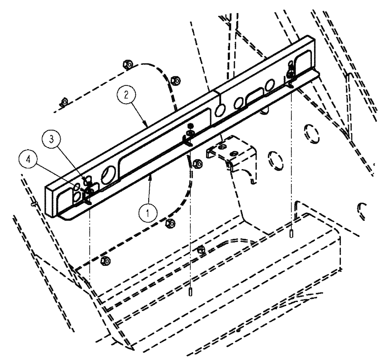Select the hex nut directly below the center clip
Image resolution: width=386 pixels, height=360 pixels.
(195, 163)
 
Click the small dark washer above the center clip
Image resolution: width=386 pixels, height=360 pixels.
(190, 126)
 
